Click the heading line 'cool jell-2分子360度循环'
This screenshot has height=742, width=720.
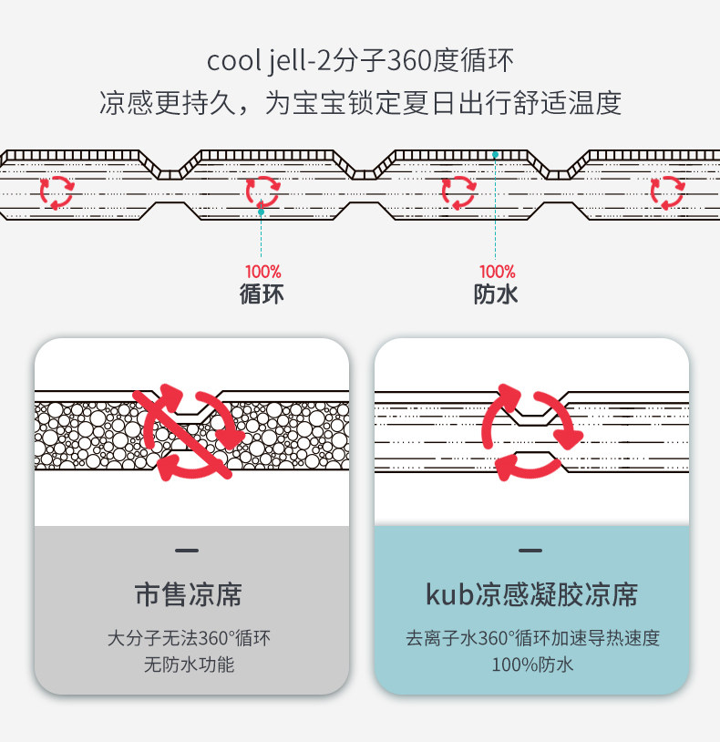pyautogui.click(x=360, y=62)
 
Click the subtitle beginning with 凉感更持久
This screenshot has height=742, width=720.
pyautogui.click(x=360, y=103)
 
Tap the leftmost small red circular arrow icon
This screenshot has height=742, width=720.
pyautogui.click(x=57, y=191)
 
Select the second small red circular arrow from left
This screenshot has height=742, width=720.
pyautogui.click(x=262, y=191)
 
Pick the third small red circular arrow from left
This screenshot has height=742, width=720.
pyautogui.click(x=458, y=191)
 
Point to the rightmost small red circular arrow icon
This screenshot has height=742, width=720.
pyautogui.click(x=666, y=191)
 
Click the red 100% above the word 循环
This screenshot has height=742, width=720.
pyautogui.click(x=262, y=272)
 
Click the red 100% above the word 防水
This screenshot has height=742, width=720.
pyautogui.click(x=497, y=272)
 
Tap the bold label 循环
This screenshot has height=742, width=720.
pyautogui.click(x=262, y=294)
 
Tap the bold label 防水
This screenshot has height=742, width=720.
pyautogui.click(x=497, y=294)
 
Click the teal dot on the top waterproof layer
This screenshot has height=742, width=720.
pyautogui.click(x=495, y=155)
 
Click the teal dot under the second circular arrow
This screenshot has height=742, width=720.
pyautogui.click(x=261, y=211)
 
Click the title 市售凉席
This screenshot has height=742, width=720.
pyautogui.click(x=189, y=595)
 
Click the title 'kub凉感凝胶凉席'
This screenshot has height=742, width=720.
pyautogui.click(x=531, y=595)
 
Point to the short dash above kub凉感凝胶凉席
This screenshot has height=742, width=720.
pyautogui.click(x=530, y=551)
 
